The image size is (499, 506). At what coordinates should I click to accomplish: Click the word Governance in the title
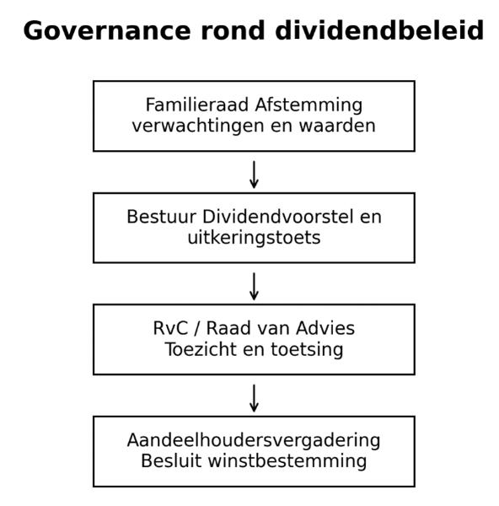click(x=107, y=31)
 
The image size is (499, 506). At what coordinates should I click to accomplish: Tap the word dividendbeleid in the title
click(x=379, y=30)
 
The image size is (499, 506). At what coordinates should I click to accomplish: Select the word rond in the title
click(x=233, y=30)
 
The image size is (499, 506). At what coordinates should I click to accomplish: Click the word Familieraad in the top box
click(x=197, y=105)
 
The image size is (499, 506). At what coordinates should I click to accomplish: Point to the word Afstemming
click(x=309, y=106)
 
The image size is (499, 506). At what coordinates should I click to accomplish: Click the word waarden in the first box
click(x=337, y=126)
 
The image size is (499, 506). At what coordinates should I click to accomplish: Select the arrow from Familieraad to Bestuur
click(x=254, y=175)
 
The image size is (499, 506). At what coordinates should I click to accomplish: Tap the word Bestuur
click(x=162, y=217)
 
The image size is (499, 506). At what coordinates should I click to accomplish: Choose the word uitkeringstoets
click(x=254, y=239)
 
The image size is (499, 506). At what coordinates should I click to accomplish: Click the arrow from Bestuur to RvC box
click(x=254, y=287)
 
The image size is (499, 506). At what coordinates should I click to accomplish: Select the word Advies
click(x=325, y=329)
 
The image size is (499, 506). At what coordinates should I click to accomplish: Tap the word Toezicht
click(x=201, y=349)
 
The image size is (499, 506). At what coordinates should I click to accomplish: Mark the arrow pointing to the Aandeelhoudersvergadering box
click(x=254, y=398)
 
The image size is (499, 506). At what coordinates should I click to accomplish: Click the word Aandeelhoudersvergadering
click(x=254, y=441)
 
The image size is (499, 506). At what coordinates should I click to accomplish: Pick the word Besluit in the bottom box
click(x=171, y=461)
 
